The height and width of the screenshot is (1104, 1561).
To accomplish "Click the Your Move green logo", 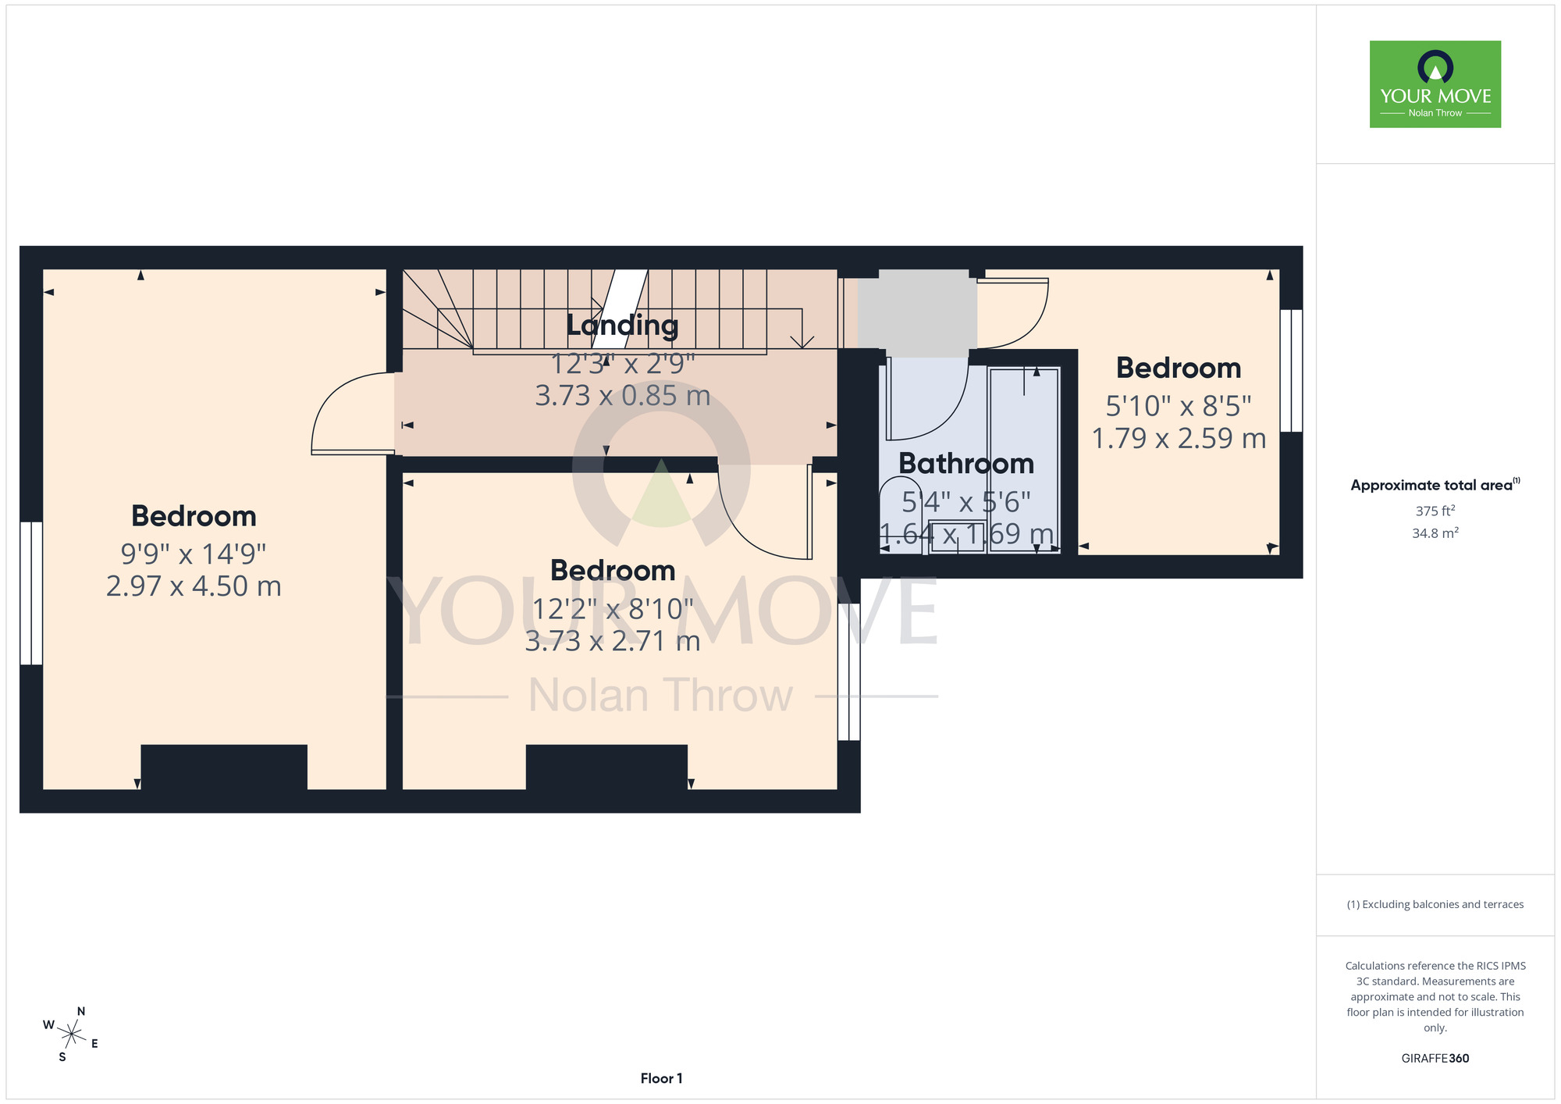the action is point(1435,84).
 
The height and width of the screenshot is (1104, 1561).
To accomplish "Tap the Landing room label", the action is point(622,326).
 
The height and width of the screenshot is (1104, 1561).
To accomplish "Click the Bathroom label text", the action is point(966,464).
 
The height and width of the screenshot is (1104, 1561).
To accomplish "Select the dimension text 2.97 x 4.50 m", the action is point(194,586).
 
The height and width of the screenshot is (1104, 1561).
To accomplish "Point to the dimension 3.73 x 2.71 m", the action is point(613,641).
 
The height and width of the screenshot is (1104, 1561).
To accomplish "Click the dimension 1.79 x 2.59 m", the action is point(1179,439).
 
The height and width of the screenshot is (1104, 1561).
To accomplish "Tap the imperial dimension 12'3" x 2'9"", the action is point(623,364).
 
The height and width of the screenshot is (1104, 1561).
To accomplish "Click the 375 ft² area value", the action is point(1435,511).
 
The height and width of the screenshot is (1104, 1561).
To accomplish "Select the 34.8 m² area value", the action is point(1435,534).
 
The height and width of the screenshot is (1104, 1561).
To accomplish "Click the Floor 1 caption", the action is point(661,1078).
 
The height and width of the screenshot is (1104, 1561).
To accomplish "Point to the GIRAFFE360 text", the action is point(1435,1059).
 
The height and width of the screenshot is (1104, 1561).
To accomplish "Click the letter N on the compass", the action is point(81,1012).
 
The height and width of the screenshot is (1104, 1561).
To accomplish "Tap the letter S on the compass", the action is point(62,1058).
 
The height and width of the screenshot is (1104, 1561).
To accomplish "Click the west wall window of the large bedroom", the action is point(31,593).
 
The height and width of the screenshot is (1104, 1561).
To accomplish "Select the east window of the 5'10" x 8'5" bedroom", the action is point(1291,371).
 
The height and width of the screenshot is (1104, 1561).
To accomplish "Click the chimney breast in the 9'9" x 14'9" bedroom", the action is point(224,767).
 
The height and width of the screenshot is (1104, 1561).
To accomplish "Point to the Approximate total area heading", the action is point(1435,485).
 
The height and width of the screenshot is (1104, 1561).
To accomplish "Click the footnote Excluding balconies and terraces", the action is point(1435,905).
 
